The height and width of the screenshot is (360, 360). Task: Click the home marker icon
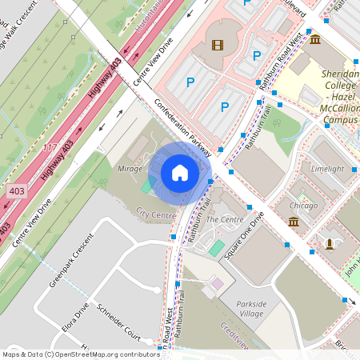coord(180,173)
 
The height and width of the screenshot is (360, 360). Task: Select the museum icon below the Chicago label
coord(294,221)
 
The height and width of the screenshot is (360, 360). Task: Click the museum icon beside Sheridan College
coord(315,39)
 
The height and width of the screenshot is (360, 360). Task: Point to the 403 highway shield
coord(17,191)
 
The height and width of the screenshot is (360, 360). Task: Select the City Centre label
coord(156,214)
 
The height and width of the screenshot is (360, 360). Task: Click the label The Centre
coord(224,218)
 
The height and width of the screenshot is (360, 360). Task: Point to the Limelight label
coord(326,169)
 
